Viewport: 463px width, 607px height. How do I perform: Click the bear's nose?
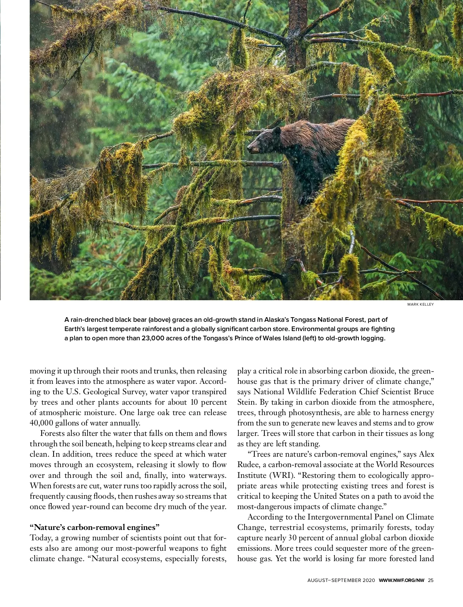(249, 148)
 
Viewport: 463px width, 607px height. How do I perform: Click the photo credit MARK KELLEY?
(421, 304)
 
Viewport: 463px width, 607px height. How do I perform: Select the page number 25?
(431, 580)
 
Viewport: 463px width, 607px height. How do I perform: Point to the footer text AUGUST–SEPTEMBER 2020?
(341, 580)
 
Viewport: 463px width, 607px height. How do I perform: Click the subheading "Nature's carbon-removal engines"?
(95, 527)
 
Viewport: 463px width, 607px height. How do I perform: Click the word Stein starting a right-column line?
(245, 402)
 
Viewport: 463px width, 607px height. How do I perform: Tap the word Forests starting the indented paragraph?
(53, 433)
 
